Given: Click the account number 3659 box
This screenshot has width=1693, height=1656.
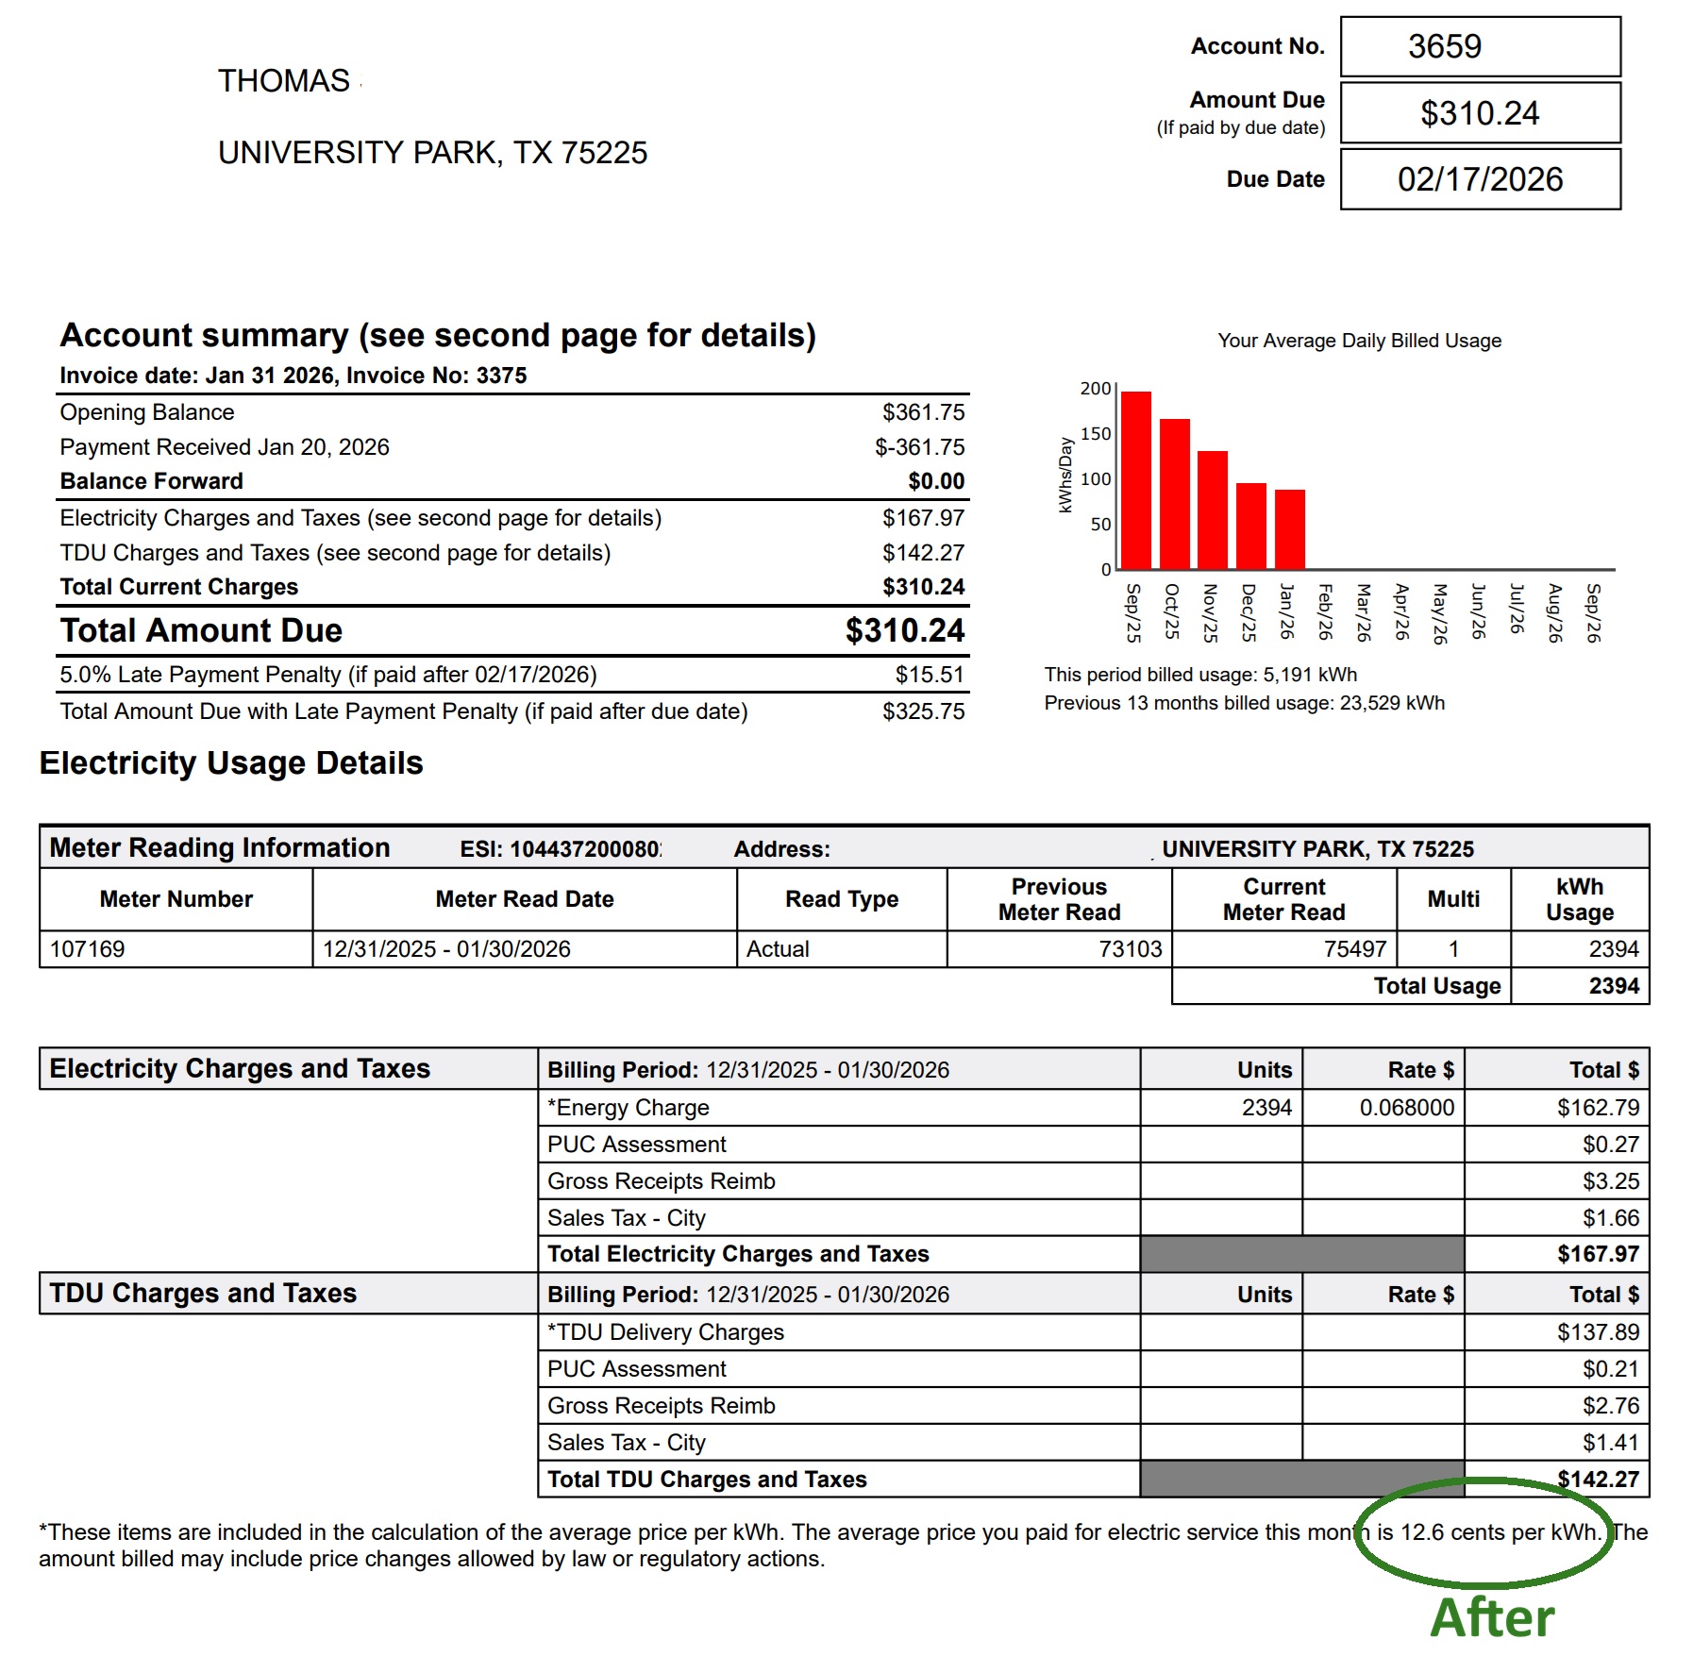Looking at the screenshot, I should [1479, 46].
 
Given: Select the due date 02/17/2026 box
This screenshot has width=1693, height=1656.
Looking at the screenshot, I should [1479, 179].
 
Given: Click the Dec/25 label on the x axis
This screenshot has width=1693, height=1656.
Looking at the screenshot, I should [1249, 612].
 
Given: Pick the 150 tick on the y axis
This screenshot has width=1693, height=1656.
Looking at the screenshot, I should [1095, 434].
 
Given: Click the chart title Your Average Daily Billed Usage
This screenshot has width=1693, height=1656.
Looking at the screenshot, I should [1359, 341].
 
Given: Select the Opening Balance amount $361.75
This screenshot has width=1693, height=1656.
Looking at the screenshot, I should [923, 412].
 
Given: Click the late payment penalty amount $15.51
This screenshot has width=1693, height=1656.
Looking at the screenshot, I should [930, 675].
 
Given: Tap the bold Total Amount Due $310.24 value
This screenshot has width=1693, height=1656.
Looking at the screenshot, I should [904, 630].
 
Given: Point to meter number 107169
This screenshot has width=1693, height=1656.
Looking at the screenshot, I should [88, 949].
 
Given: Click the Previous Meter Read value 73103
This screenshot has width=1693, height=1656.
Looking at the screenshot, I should [1130, 949].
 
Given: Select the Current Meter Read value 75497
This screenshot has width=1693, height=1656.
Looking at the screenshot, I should [1354, 949].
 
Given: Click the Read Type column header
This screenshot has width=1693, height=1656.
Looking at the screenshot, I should [841, 899].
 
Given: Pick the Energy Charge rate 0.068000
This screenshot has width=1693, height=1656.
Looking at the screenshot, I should [1406, 1108].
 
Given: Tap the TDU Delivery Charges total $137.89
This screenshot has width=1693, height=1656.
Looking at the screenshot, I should [1598, 1332].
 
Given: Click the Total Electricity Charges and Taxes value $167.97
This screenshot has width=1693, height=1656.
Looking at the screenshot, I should [1598, 1254].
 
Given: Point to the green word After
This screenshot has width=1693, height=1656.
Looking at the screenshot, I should [1492, 1617].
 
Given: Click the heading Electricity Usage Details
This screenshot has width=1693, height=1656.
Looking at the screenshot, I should [231, 763].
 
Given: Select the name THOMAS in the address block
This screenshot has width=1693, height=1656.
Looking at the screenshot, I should [284, 81].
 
